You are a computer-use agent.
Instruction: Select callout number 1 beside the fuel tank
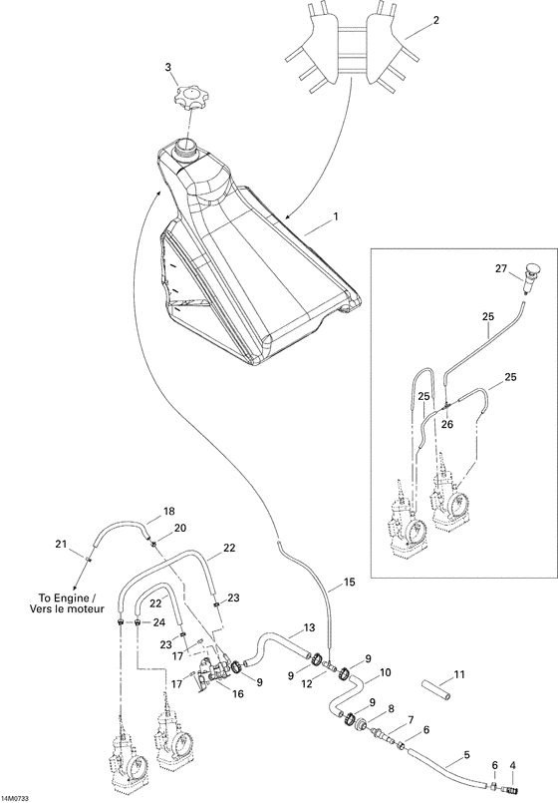336,216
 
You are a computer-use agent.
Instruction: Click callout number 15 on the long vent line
348,581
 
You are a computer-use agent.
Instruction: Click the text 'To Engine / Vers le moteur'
57,604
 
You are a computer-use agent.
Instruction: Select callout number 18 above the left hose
168,510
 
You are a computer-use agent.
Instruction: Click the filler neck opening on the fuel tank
185,149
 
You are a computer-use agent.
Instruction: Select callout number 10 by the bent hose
385,672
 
